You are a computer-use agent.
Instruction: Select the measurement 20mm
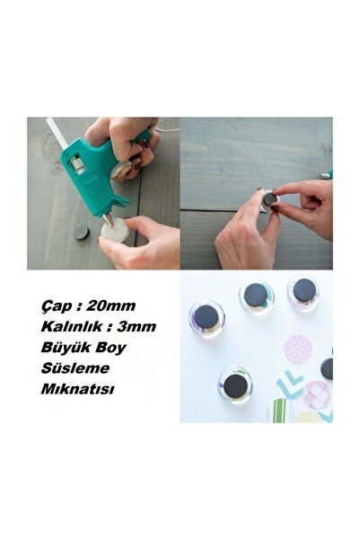click(111, 305)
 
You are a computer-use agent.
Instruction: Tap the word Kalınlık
click(72, 326)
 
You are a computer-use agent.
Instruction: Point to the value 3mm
click(136, 326)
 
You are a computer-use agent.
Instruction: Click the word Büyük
click(61, 348)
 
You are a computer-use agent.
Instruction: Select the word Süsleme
click(75, 368)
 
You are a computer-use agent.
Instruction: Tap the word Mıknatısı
click(77, 389)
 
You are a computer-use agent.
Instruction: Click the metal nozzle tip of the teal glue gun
click(108, 219)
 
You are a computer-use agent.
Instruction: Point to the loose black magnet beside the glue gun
click(81, 232)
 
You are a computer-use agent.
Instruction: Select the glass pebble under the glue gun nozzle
click(115, 230)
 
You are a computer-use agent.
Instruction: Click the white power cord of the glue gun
click(166, 130)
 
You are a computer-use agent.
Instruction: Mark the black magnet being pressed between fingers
click(270, 199)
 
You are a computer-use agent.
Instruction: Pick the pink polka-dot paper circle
click(298, 349)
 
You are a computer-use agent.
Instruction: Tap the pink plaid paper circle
click(316, 394)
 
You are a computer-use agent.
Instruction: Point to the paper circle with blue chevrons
click(290, 385)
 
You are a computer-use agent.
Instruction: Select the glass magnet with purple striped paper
click(206, 319)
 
